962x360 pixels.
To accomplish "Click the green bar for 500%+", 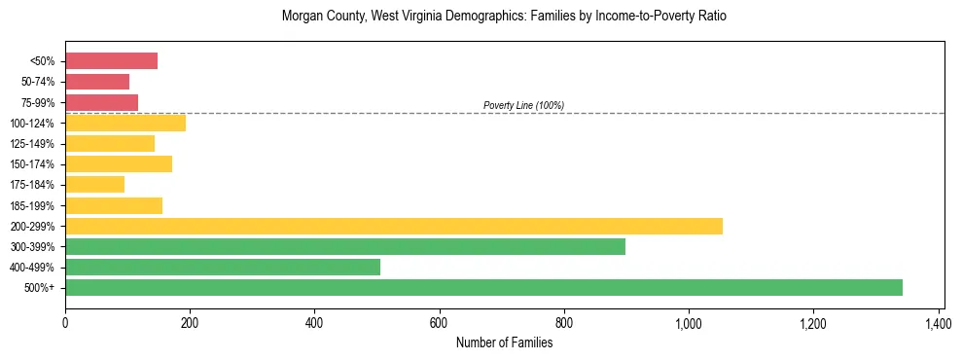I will [x=483, y=287].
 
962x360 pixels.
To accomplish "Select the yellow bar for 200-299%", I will [x=394, y=226].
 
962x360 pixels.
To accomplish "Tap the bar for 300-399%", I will [x=345, y=246].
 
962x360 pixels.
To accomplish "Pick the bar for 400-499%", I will [x=223, y=267].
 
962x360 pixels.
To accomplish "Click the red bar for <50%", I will [x=111, y=61].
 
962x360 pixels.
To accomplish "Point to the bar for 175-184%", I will [x=94, y=184].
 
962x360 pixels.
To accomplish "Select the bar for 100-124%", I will [x=125, y=123].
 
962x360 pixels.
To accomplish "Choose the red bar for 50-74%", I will [x=97, y=82].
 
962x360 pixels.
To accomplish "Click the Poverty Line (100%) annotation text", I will [x=523, y=105].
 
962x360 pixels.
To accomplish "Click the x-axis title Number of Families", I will [x=504, y=342].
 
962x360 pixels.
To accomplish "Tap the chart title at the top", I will [x=504, y=17].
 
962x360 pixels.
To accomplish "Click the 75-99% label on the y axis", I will [x=38, y=102].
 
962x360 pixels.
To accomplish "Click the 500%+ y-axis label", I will [x=40, y=288].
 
